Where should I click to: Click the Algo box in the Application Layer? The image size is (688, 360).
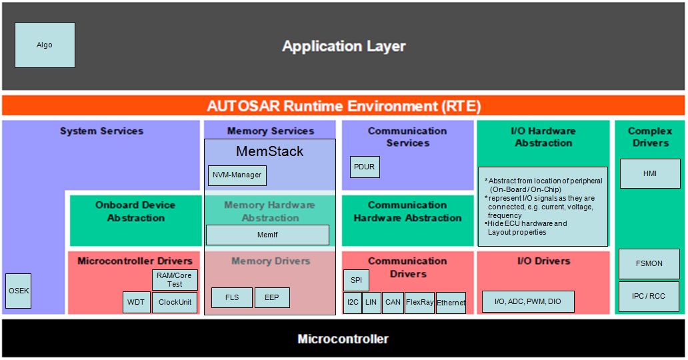(45, 45)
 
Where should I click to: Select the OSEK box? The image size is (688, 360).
(19, 291)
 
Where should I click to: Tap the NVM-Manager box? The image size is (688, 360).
(237, 175)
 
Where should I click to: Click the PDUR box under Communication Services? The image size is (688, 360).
(365, 167)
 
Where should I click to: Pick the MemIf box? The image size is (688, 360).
(267, 235)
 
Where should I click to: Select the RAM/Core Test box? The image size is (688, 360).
(175, 279)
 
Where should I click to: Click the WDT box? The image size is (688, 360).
(136, 302)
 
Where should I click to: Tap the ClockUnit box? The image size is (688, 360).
(175, 302)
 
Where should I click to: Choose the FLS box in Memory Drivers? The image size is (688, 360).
(231, 297)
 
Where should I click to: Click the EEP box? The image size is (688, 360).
(272, 297)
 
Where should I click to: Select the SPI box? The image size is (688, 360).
(356, 280)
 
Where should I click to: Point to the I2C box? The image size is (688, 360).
(353, 303)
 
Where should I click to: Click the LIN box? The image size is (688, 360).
(371, 303)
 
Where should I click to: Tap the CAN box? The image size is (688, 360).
(393, 303)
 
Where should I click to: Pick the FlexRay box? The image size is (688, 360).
(419, 303)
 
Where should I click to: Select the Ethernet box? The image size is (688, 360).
(451, 303)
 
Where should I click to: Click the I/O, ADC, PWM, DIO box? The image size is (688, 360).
(528, 302)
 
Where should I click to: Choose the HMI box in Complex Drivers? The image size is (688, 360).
(650, 173)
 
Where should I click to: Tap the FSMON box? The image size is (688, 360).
(650, 263)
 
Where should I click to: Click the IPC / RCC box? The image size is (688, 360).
(650, 296)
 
